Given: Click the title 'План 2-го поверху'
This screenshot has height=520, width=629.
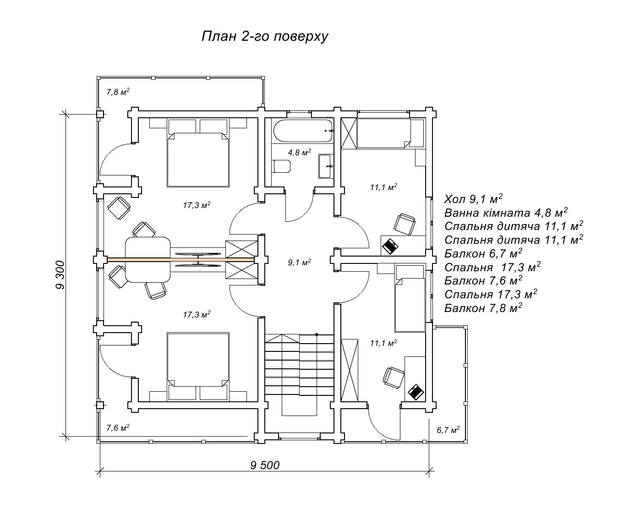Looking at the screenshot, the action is (x=264, y=37).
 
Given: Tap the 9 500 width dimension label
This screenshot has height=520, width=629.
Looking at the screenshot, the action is (x=265, y=465).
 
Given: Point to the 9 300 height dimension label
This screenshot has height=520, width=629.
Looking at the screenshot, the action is (x=60, y=275).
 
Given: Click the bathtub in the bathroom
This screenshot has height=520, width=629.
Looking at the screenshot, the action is (x=303, y=131).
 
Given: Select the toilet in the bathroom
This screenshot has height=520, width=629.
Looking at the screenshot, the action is (x=281, y=166).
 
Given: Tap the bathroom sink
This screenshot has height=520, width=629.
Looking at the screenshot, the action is (x=325, y=166).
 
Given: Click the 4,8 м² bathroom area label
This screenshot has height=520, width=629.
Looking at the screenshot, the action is (x=300, y=152).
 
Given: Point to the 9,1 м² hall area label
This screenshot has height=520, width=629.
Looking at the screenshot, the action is (x=300, y=262).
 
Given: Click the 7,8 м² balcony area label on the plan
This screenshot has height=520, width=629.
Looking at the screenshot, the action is (x=118, y=92).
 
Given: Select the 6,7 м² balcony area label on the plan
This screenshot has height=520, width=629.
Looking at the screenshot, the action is (x=448, y=430).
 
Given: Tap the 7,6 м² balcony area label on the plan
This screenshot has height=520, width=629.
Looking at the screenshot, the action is (x=118, y=427).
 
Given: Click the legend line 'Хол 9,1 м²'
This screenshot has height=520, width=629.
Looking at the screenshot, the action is (x=473, y=198).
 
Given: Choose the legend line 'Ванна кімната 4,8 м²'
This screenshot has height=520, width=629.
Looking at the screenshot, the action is (x=506, y=213).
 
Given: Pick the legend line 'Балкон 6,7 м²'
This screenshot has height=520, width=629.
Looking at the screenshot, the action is (x=483, y=253).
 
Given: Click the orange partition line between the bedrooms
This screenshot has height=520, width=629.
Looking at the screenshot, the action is (x=181, y=259).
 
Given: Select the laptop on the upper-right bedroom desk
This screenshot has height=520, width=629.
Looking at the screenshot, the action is (x=390, y=246).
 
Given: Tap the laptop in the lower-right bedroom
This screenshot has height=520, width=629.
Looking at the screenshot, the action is (x=416, y=392).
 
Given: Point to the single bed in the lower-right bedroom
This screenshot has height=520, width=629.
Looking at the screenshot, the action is (x=410, y=298).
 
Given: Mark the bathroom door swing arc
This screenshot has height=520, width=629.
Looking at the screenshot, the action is (x=304, y=214).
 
